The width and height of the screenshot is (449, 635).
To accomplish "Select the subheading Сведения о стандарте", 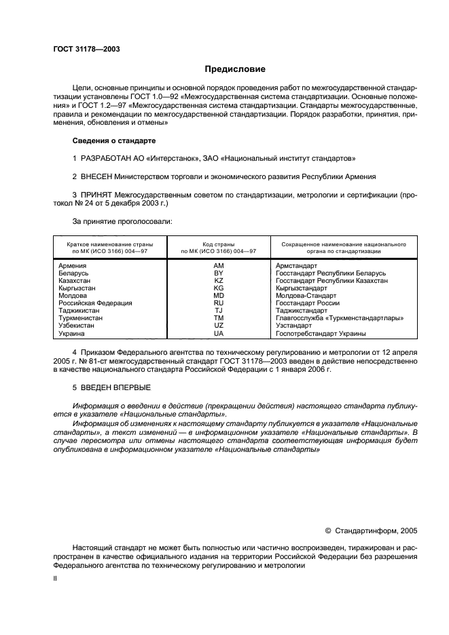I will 113,140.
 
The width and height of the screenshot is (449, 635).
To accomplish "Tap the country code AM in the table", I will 218,265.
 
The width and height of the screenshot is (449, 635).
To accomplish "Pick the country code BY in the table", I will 218,273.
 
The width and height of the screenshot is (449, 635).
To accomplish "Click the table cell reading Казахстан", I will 74,280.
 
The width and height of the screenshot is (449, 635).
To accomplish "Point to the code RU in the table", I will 218,303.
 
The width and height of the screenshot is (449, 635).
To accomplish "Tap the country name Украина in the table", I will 71,334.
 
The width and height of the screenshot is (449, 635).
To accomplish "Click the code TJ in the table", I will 218,311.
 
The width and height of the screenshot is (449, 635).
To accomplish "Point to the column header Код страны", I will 218,243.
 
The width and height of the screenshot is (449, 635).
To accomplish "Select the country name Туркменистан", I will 81,318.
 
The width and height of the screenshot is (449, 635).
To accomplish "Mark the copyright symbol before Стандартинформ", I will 329,532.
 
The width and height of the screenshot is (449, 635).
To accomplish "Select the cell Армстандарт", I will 296,265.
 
